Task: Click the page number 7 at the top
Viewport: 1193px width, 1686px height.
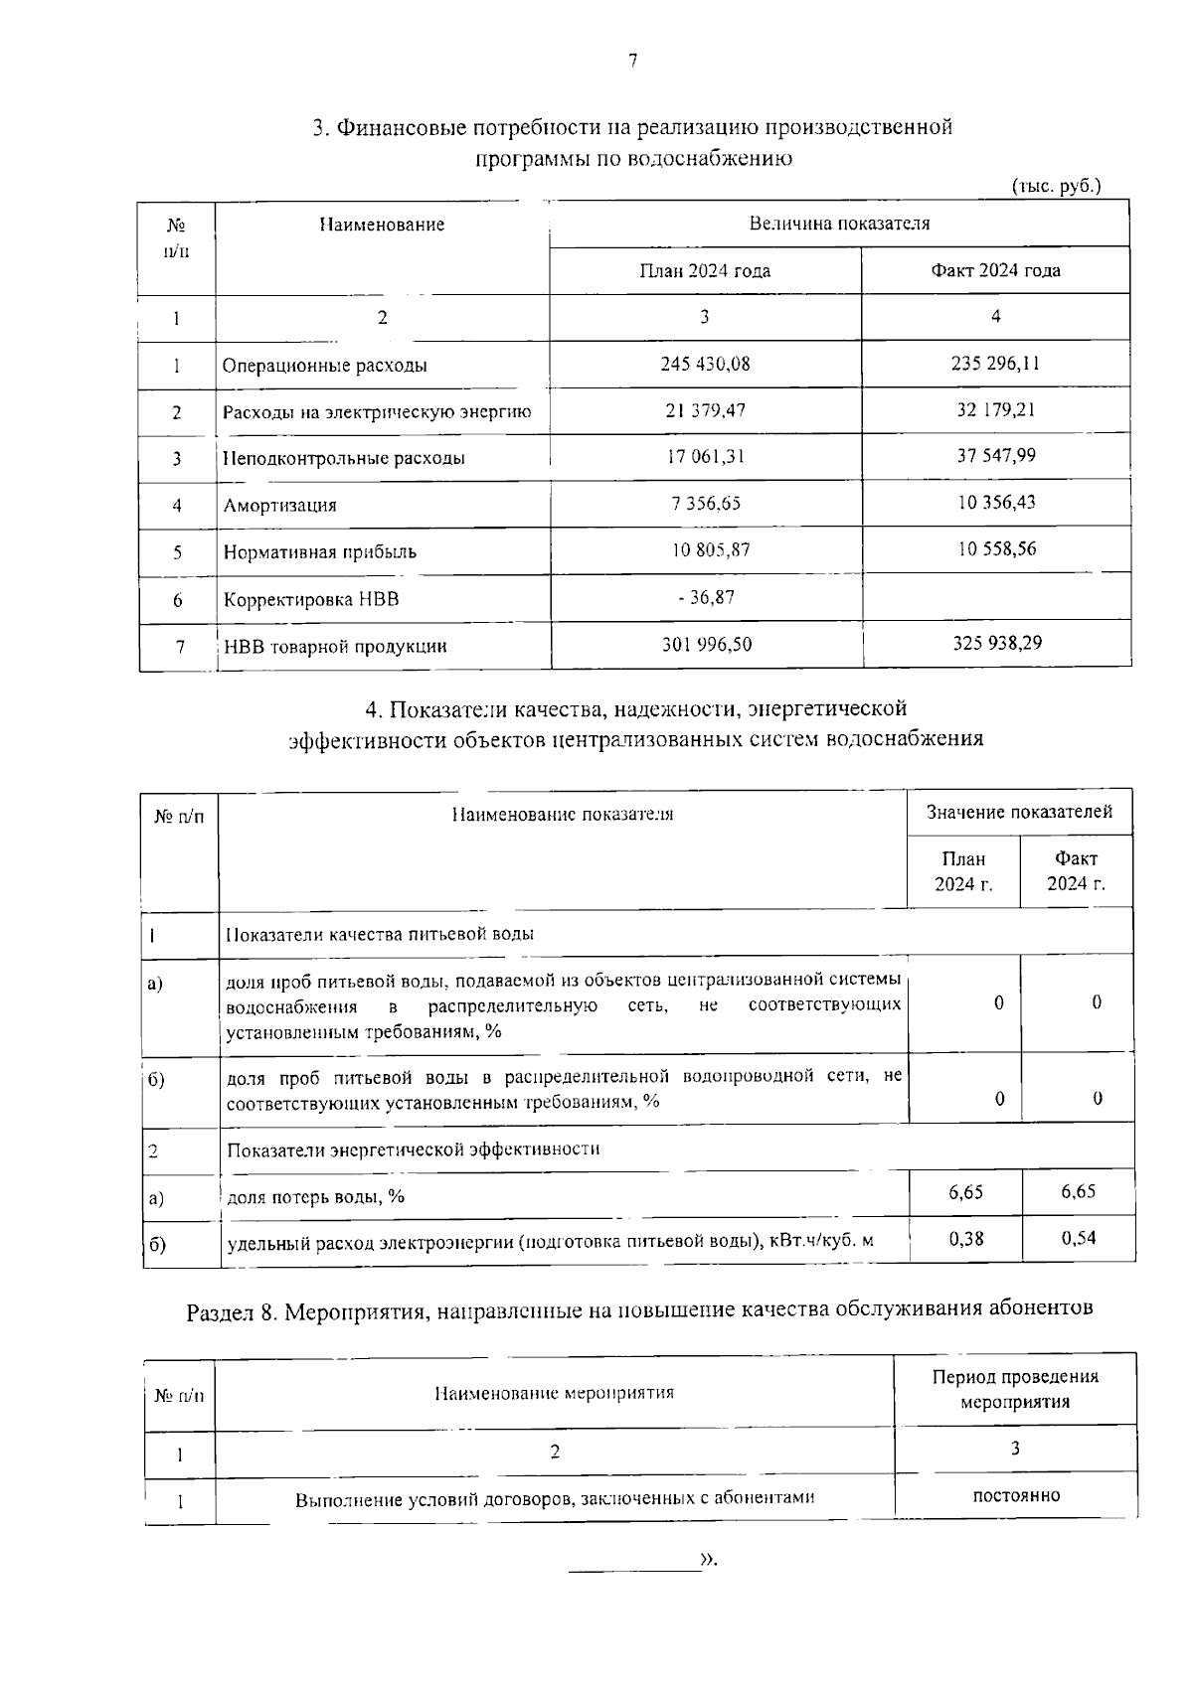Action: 632,62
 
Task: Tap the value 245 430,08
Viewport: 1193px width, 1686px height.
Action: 705,364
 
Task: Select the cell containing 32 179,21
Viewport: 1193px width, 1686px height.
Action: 995,409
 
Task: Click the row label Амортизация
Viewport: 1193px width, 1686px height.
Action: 279,506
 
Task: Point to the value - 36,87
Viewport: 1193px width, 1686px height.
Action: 705,597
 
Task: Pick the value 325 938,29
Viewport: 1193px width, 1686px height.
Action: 995,643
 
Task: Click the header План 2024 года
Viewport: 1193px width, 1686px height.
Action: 705,270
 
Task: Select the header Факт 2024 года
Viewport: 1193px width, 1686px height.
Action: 995,270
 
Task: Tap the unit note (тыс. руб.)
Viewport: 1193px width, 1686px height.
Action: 1056,186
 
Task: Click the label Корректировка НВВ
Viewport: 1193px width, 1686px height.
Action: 311,600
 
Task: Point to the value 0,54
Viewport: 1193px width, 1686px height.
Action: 1078,1238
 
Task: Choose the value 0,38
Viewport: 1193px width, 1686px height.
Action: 965,1238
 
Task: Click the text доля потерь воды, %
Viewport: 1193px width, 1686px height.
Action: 316,1197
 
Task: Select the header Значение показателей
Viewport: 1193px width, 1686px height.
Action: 1019,813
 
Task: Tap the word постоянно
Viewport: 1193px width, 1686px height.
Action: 1015,1495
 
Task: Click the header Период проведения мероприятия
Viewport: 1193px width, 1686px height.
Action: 1015,1389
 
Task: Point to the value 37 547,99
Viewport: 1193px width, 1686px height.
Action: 995,455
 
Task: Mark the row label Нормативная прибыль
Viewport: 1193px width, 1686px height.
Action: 319,552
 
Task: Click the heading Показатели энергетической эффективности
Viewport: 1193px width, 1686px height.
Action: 414,1150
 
